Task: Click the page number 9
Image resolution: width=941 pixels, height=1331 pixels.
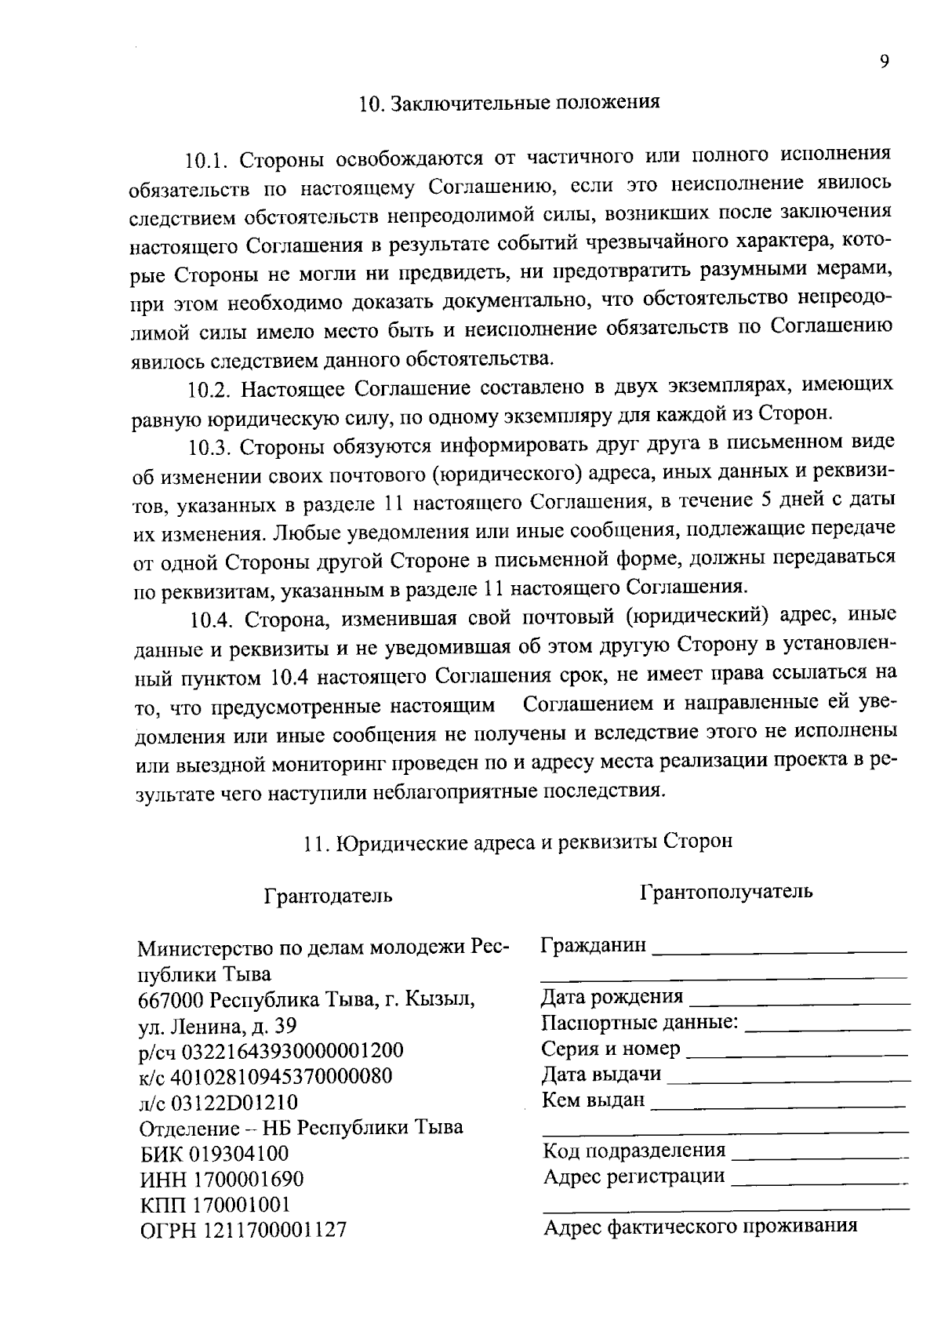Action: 884,63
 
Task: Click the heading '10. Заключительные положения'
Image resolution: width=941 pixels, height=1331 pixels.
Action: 509,104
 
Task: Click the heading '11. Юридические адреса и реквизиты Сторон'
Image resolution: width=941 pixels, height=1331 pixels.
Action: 518,842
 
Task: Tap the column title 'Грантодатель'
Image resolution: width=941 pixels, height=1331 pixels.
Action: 328,896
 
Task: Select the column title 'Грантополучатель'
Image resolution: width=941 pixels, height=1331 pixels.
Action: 726,892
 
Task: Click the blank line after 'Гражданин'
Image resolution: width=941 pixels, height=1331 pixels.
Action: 778,949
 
